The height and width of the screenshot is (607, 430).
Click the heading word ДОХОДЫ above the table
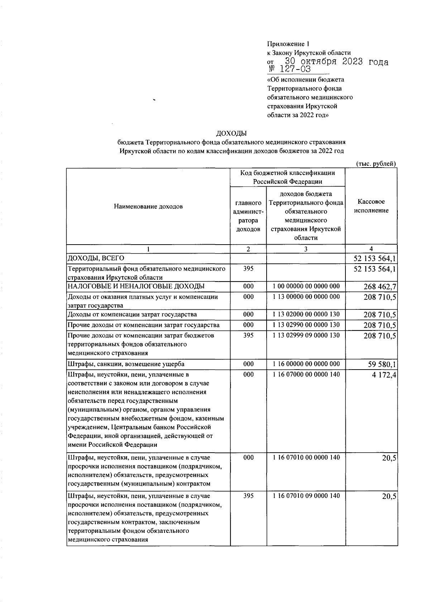coord(231,134)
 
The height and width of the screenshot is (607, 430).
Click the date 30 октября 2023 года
coord(336,61)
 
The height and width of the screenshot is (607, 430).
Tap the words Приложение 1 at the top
coord(288,44)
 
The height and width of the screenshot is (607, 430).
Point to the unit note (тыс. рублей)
coord(376,164)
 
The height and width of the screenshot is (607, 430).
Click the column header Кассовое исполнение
coord(371,206)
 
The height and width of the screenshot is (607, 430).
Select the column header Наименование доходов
coord(148,207)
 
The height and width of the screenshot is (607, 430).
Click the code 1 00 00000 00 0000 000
coord(306,286)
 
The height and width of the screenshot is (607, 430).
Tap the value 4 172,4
coord(383,375)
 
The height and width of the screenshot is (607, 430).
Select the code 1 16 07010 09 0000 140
coord(306,496)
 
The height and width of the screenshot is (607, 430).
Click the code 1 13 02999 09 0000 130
coord(306,335)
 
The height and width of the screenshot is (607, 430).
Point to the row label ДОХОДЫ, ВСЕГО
coord(96,258)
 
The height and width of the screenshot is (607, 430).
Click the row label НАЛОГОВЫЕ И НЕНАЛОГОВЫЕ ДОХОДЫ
coord(136,286)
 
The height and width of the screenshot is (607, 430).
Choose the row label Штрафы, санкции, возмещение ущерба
coord(126,364)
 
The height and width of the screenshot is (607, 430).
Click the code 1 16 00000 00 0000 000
coord(306,364)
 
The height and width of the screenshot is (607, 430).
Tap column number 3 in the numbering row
coord(306,249)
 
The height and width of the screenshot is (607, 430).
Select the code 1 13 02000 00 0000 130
coord(306,314)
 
